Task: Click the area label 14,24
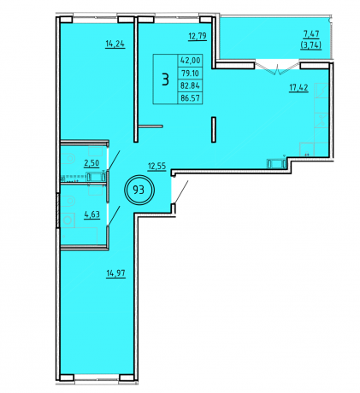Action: point(115,44)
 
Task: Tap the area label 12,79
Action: point(198,37)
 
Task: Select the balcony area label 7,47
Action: point(311,34)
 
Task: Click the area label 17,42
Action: point(298,87)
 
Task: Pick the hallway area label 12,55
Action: point(156,166)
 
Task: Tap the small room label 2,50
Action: point(91,163)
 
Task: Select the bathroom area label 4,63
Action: point(91,214)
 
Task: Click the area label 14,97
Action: point(116,273)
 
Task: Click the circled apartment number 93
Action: point(139,190)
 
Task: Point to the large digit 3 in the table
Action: point(166,79)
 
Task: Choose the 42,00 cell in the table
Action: point(190,61)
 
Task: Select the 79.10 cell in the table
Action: point(190,73)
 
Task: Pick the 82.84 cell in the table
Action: point(190,85)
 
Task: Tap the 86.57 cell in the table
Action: point(190,98)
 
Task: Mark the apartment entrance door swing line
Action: point(181,191)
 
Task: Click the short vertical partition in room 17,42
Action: point(213,129)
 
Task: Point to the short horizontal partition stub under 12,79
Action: point(150,126)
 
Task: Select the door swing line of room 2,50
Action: point(114,161)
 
